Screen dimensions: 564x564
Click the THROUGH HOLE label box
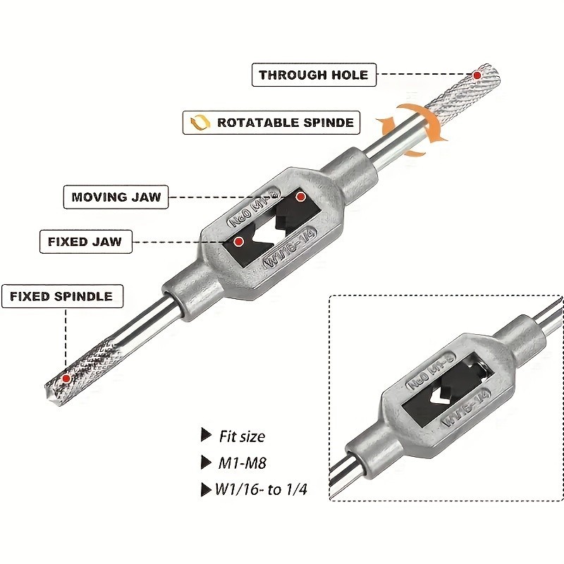click(313, 75)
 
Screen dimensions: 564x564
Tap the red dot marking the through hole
click(477, 75)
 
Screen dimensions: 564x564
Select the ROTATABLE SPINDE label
click(271, 123)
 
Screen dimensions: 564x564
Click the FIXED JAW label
click(85, 241)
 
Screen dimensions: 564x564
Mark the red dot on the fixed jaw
click(239, 242)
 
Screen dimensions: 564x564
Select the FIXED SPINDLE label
click(61, 296)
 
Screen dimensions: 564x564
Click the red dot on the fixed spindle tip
click(66, 379)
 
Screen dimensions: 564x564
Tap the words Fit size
click(241, 436)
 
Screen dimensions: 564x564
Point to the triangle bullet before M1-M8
click(205, 462)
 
